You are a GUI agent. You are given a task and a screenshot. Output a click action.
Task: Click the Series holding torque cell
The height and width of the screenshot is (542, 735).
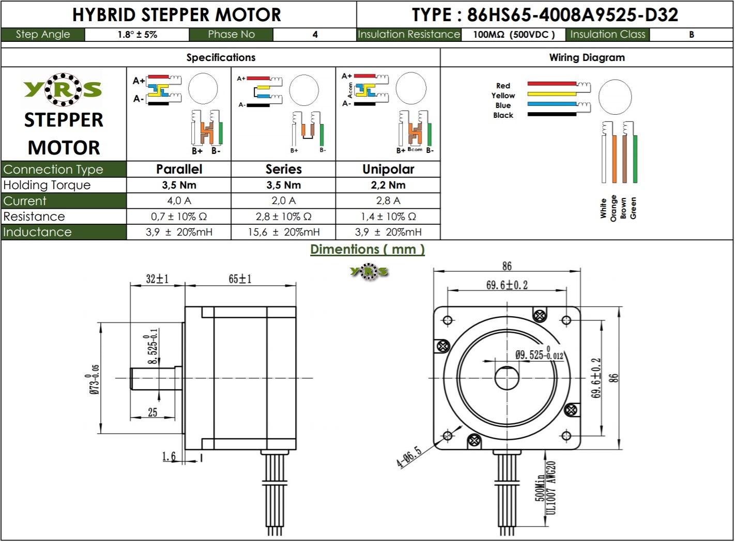tap(283, 185)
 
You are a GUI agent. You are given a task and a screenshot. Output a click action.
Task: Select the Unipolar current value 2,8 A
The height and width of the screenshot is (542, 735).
tap(388, 200)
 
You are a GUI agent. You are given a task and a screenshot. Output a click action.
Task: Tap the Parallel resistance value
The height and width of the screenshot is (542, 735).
tap(179, 216)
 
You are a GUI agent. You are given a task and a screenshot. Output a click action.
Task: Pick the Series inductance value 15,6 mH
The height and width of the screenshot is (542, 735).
tap(283, 232)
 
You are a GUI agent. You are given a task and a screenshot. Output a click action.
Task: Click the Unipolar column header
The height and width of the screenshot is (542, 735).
tap(388, 169)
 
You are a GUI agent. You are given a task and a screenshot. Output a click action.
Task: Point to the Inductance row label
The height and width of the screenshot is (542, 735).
tap(37, 232)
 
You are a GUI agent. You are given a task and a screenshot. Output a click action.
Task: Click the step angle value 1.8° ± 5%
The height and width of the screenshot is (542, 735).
tap(137, 35)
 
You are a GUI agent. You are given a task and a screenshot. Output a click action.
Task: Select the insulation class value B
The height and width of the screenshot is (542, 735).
tap(691, 35)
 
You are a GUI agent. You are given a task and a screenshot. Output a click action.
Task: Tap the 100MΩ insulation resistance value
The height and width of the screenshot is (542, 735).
tap(514, 35)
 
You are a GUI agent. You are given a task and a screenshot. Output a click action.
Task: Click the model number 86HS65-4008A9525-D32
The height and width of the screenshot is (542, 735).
tap(572, 14)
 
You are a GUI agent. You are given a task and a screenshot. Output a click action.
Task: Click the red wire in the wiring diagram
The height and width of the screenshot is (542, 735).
tap(552, 84)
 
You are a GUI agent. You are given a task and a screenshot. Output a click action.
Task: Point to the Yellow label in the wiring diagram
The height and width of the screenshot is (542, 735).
tap(503, 96)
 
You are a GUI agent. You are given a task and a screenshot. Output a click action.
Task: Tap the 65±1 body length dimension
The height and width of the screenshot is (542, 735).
tap(240, 279)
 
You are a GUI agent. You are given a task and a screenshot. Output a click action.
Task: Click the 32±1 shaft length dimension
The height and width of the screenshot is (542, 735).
tap(157, 279)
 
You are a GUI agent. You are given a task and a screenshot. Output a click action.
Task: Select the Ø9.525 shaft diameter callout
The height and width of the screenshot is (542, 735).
tap(539, 354)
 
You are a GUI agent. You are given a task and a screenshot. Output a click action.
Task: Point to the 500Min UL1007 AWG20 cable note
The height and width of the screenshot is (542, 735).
tap(545, 488)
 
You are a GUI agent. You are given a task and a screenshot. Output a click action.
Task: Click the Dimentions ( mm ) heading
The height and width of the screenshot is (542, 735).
tap(367, 250)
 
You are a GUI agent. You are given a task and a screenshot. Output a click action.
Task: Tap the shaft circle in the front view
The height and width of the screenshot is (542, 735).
tap(507, 378)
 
